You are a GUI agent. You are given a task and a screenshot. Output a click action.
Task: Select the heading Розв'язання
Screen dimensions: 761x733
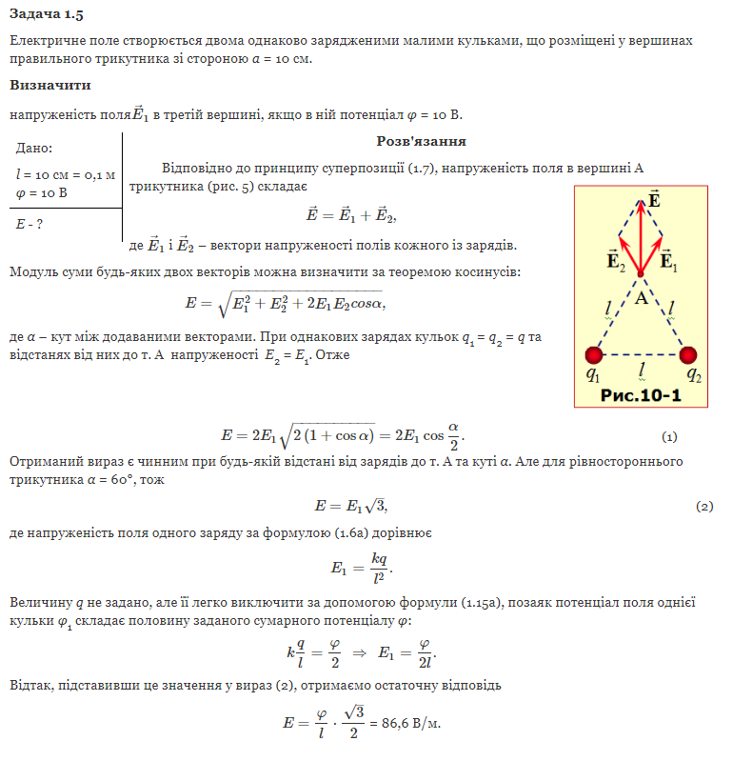point(421,141)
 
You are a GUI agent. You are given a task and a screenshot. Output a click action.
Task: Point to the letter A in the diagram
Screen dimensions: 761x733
point(641,298)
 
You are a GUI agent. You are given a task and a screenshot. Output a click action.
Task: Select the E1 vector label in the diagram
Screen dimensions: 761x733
point(668,259)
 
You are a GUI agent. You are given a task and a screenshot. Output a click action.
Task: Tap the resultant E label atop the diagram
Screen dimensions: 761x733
point(653,199)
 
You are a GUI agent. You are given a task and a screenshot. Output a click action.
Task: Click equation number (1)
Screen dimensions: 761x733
point(668,437)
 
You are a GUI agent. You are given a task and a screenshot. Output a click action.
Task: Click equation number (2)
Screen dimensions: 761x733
point(704,506)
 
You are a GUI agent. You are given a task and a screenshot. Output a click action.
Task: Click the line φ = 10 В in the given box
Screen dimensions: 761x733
point(42,193)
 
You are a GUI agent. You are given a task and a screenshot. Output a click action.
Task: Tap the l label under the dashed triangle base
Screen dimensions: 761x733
point(643,369)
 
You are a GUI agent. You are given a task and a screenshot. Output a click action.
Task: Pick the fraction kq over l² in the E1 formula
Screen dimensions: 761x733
point(378,568)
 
